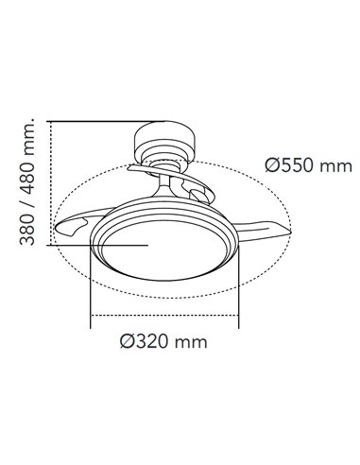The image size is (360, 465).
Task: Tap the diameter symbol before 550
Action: click(272, 165)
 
